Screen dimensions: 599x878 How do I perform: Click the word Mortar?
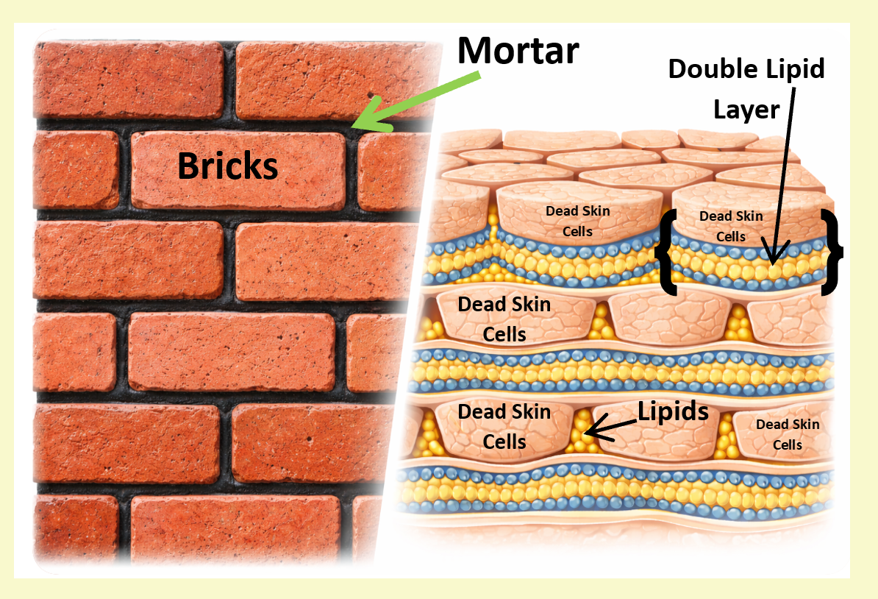[518, 50]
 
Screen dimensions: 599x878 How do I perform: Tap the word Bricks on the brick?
[228, 167]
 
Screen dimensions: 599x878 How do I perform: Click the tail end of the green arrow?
[478, 74]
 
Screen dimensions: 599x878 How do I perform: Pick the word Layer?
[746, 110]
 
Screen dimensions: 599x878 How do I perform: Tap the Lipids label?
[673, 411]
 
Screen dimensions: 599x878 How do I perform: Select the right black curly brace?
[833, 252]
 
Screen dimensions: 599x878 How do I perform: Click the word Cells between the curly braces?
[731, 236]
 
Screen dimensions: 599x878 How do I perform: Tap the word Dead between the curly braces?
[713, 216]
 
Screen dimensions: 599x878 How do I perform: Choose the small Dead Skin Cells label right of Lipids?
[788, 434]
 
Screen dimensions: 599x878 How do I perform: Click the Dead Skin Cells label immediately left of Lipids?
[504, 426]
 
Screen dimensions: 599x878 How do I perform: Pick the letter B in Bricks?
[188, 167]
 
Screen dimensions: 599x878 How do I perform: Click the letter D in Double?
[678, 70]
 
